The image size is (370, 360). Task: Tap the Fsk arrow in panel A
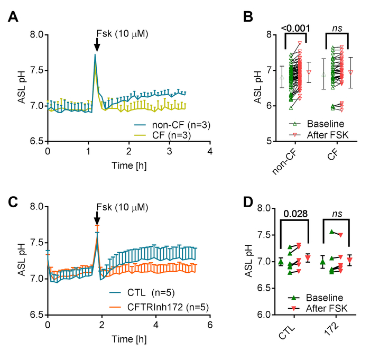[x=96, y=46]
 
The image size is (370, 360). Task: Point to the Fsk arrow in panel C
[x=96, y=218]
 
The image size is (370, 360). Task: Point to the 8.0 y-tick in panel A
[x=33, y=35]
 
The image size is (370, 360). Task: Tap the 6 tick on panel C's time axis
[x=210, y=324]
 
